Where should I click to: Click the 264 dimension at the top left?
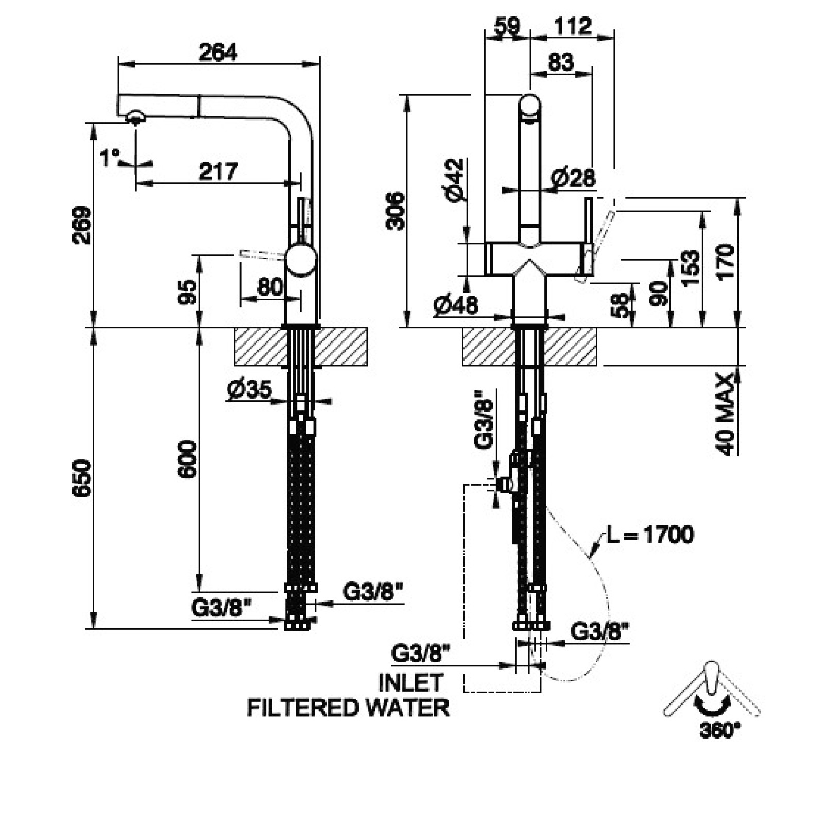(218, 52)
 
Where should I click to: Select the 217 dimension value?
(218, 171)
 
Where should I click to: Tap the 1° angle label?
(109, 158)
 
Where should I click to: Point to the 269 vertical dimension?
(82, 225)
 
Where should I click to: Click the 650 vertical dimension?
(82, 478)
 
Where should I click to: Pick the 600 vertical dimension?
(187, 459)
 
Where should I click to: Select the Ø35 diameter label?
(249, 390)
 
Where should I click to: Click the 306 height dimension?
(396, 211)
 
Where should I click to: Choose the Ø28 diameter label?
(573, 178)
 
